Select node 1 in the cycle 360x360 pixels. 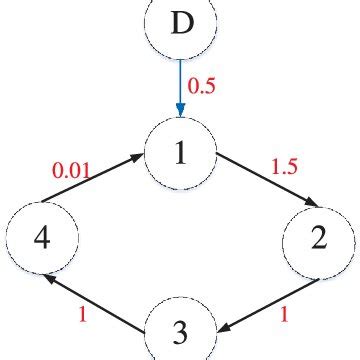tap(181, 154)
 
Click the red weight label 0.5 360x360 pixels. tap(203, 87)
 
